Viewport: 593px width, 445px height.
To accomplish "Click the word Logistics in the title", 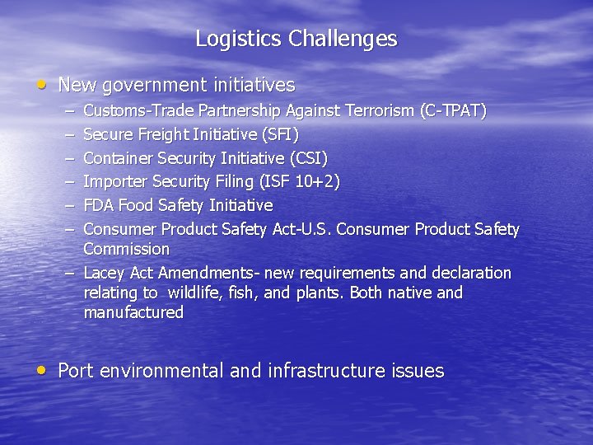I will [x=239, y=39].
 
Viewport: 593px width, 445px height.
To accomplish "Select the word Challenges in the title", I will [x=343, y=39].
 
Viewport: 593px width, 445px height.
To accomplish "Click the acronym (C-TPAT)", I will [x=453, y=110].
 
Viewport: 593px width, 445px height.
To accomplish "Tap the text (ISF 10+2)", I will [x=298, y=181].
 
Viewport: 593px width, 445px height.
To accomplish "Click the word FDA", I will [x=100, y=205].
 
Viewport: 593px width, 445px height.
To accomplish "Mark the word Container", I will [x=117, y=157].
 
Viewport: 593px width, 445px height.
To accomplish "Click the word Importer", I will [x=114, y=181].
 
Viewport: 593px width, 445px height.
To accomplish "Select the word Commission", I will [x=126, y=249].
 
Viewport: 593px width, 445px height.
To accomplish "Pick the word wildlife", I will [x=190, y=293].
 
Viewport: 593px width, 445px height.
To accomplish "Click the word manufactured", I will [x=133, y=312].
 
